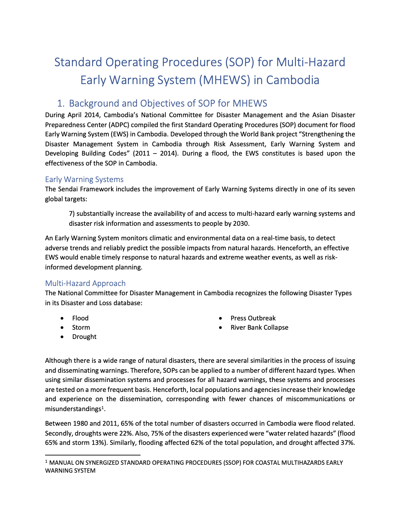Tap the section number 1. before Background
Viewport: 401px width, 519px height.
[x=61, y=103]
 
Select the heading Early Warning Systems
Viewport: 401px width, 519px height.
[x=84, y=179]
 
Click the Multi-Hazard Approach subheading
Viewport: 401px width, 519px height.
[x=85, y=283]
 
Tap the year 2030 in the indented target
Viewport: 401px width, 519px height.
[x=241, y=223]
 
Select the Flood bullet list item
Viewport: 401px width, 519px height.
[x=80, y=318]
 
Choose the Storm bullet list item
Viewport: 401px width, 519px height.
[x=81, y=327]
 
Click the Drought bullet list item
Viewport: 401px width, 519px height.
[x=84, y=337]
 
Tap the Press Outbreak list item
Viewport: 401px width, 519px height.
[x=253, y=318]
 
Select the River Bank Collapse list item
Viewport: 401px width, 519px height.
[x=259, y=327]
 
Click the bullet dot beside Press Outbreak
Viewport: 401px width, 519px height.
[x=220, y=318]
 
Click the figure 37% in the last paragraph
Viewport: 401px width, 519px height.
[x=347, y=443]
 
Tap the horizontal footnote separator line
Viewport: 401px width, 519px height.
[x=93, y=455]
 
